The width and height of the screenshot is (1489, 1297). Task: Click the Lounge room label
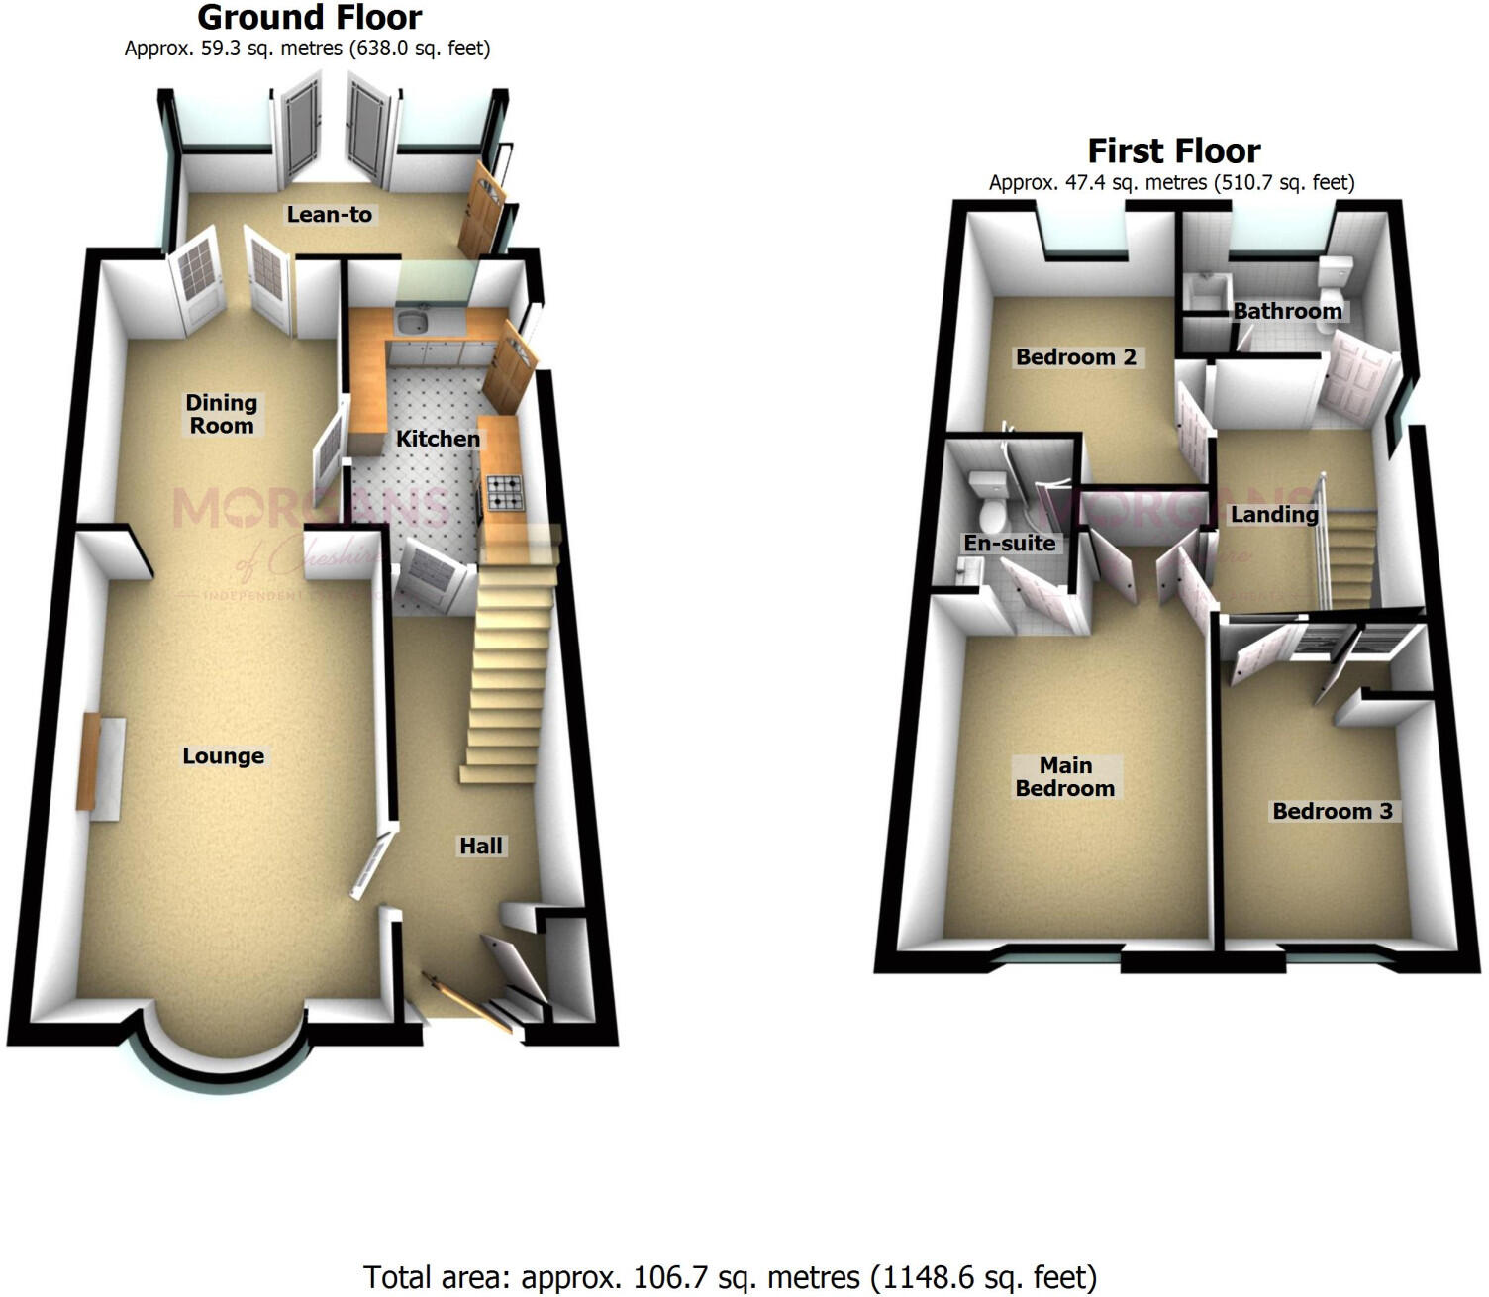(223, 756)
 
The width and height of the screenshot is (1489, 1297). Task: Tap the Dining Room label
(222, 414)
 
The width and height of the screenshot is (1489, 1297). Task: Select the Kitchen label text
(438, 439)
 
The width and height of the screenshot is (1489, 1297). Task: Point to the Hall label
(481, 846)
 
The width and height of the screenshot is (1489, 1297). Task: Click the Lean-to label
(330, 214)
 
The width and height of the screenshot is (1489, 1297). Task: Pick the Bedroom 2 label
(1075, 357)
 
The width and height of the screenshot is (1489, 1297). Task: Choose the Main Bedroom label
(1065, 777)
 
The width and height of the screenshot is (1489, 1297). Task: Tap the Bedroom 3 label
(1332, 811)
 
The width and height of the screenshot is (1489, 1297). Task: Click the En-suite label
(1009, 543)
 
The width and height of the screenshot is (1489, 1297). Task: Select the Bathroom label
(1287, 311)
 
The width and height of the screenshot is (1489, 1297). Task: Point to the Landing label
(1274, 514)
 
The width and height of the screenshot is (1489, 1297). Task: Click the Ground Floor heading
(309, 18)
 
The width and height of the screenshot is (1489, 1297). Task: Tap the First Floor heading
(1173, 151)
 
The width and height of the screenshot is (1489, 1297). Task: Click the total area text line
(730, 1277)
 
